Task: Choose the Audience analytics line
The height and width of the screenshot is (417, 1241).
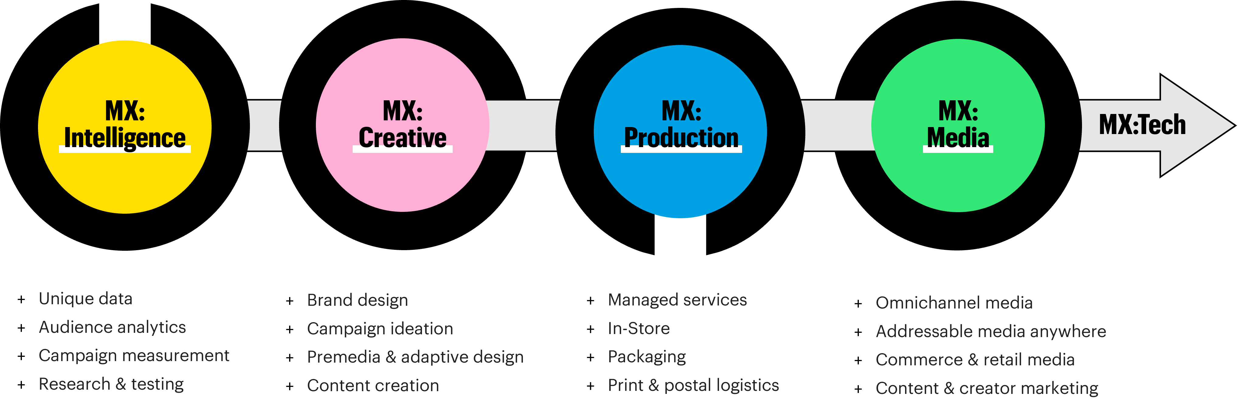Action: [x=112, y=327]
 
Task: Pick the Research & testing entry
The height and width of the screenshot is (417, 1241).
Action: [x=111, y=384]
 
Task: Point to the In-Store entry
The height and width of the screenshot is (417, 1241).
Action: [x=639, y=328]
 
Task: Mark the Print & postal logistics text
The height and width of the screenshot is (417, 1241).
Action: [x=693, y=385]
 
